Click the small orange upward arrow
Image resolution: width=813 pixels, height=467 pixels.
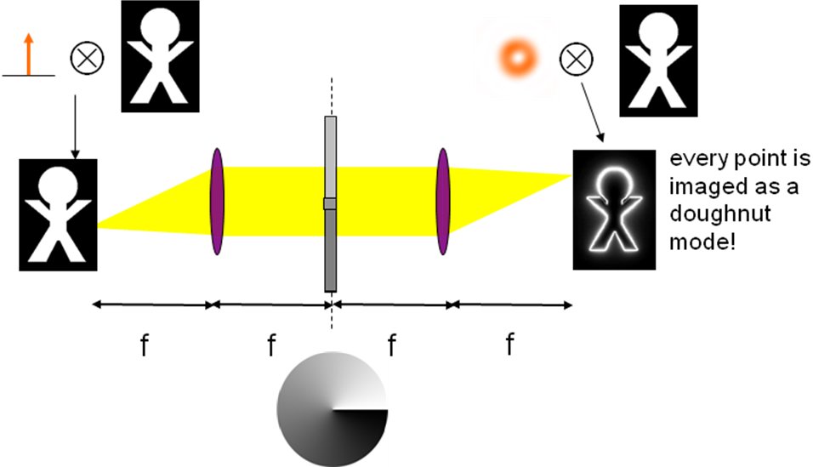(x=29, y=54)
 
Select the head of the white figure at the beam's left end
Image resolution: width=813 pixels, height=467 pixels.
(x=57, y=185)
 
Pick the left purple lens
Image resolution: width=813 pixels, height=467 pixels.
(x=217, y=201)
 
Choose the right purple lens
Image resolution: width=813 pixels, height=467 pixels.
(x=442, y=201)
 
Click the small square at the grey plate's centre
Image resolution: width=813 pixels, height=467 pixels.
(x=330, y=203)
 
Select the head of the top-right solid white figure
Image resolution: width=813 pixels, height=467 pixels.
(x=658, y=31)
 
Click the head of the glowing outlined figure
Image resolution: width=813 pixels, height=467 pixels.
(x=615, y=184)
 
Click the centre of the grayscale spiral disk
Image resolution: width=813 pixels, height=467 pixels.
(x=333, y=409)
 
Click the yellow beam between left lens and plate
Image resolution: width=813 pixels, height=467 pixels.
(x=272, y=201)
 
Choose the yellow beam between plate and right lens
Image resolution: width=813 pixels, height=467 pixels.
(x=387, y=201)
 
